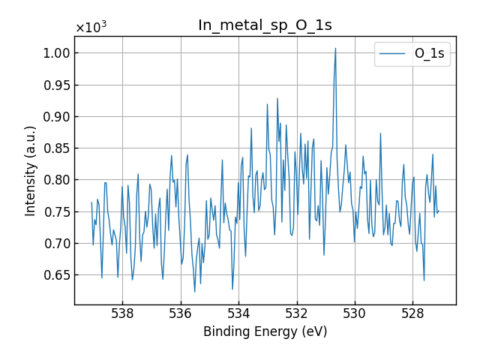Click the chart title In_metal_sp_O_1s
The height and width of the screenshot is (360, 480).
(x=265, y=25)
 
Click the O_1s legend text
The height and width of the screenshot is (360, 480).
(x=430, y=54)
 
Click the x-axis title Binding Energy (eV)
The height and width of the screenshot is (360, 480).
(x=265, y=332)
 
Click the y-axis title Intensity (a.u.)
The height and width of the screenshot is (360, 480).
(x=31, y=171)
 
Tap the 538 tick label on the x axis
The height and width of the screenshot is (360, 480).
(x=122, y=313)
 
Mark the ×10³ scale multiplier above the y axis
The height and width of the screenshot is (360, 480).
(x=91, y=28)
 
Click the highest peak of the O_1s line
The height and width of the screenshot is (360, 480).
(x=335, y=49)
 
